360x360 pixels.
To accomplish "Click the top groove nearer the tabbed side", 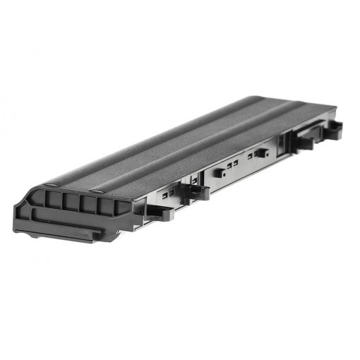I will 212,141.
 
